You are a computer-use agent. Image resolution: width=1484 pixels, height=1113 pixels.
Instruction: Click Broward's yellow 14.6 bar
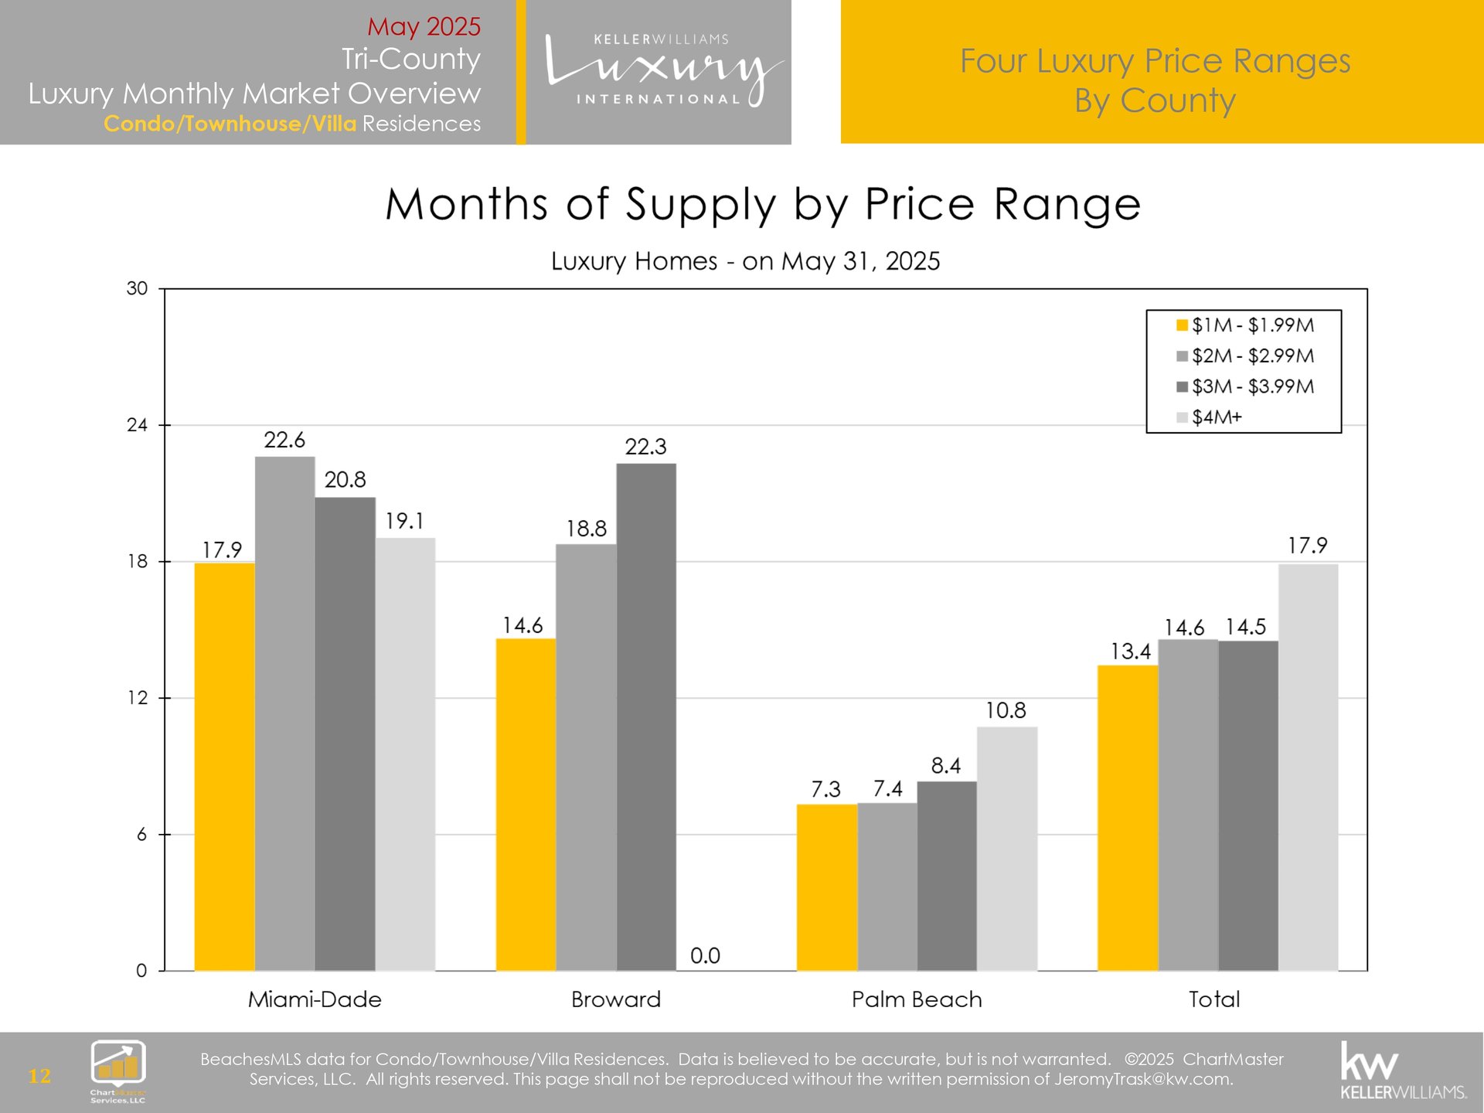[526, 804]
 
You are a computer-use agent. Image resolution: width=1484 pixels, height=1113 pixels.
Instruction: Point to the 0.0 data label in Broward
[705, 956]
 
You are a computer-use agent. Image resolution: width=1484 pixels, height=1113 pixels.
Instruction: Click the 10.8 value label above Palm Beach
[1006, 710]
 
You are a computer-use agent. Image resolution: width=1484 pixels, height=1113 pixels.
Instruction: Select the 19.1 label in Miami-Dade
[405, 521]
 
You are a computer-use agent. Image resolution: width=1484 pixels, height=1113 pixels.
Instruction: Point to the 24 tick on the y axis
[137, 425]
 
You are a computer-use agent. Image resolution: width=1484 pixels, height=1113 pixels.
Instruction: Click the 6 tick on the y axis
[141, 835]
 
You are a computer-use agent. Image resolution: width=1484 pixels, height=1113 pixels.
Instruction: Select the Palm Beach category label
[917, 999]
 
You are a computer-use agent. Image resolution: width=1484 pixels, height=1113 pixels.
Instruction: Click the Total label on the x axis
[1214, 999]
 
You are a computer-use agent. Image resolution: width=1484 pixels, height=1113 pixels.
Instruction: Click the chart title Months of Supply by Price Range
[763, 205]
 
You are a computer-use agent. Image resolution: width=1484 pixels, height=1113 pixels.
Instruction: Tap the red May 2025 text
[424, 26]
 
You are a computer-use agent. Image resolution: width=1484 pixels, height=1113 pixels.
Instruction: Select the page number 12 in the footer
[39, 1076]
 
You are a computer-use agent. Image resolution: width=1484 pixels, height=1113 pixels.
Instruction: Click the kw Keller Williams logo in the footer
[1403, 1071]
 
